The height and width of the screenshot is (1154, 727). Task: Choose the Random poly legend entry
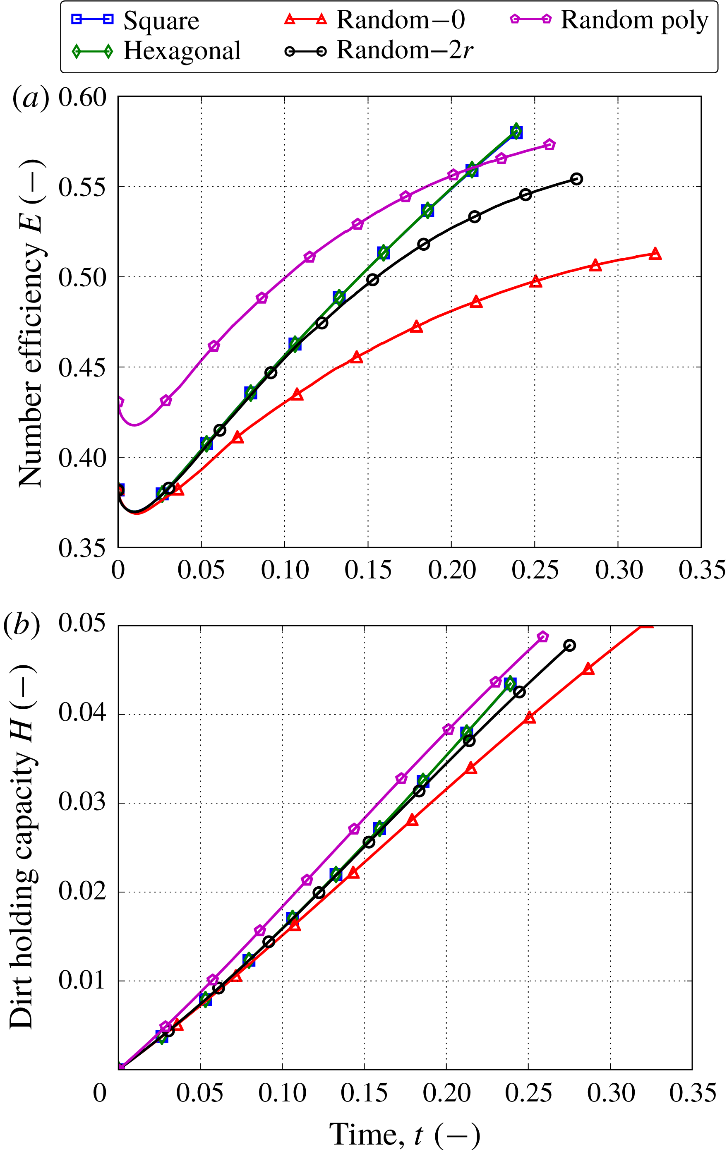tap(609, 20)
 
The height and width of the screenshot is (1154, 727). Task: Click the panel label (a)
tap(30, 97)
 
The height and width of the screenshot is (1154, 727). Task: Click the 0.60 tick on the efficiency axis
tap(82, 97)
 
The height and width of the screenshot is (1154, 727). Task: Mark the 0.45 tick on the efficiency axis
tap(82, 367)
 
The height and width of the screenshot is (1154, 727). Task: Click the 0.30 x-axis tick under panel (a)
tap(618, 570)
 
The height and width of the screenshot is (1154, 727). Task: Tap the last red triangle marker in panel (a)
tap(655, 254)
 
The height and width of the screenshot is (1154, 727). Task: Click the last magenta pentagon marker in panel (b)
tap(542, 637)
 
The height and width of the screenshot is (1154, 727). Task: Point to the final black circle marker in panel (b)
tap(569, 645)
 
